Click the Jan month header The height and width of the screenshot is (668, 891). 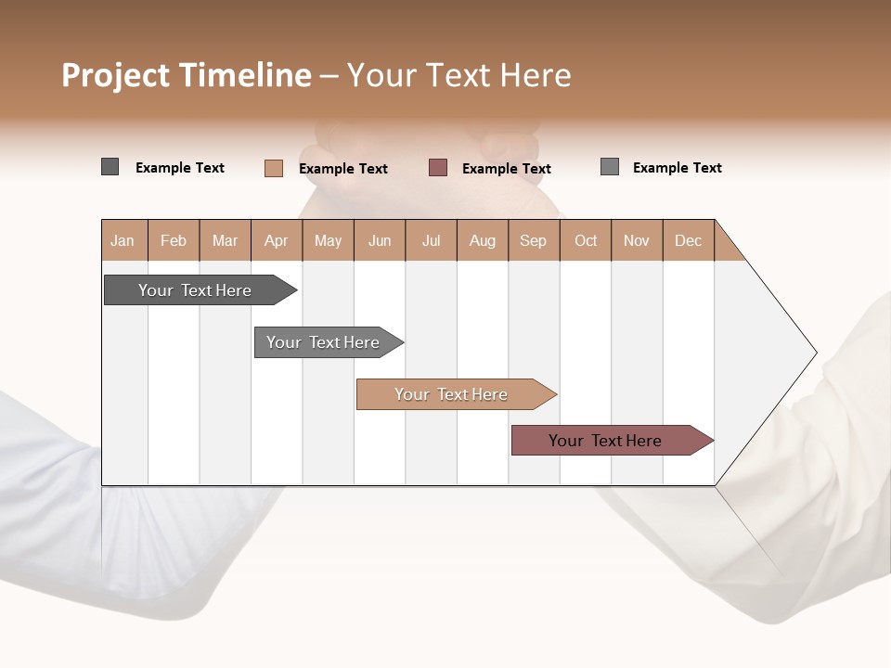(123, 240)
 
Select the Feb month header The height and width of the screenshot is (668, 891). (174, 240)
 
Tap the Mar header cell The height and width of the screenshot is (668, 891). (225, 240)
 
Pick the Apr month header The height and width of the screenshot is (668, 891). (277, 240)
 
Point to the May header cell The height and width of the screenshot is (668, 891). (328, 240)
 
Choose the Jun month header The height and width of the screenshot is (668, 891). (380, 240)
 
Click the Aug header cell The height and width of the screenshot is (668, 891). (483, 240)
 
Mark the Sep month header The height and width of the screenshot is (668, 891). (534, 240)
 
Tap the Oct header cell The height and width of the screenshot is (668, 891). (586, 240)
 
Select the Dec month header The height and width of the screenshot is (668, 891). (689, 240)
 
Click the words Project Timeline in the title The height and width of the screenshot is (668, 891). (187, 75)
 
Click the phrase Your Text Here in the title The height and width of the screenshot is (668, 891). (459, 75)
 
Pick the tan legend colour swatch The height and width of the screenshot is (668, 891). (274, 168)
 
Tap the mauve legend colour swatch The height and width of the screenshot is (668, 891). (438, 167)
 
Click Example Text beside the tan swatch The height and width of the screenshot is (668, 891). (343, 169)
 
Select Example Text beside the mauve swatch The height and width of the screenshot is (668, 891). (507, 169)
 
